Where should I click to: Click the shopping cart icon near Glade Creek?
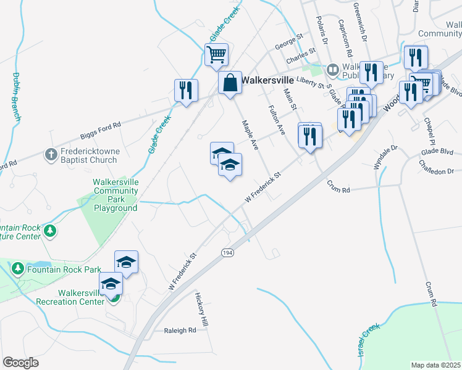217,54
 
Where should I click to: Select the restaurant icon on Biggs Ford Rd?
186,90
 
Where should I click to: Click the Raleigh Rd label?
180,331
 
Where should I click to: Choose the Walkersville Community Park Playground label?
115,195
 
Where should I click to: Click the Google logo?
20,363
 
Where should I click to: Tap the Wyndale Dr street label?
387,157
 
